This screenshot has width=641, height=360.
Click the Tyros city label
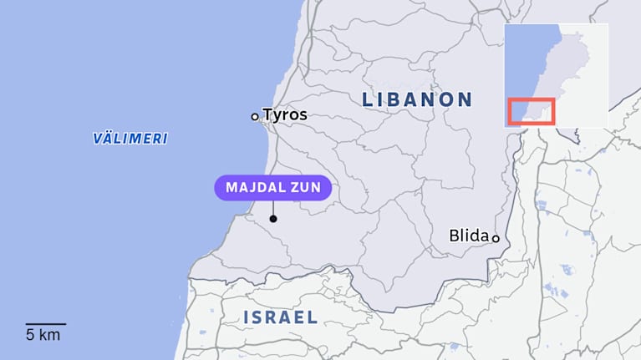point(285,115)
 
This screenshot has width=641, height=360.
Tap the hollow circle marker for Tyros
point(255,117)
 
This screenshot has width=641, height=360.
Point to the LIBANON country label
point(417,99)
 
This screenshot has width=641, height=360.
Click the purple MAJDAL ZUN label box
point(272,187)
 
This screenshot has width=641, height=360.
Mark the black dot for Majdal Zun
point(272,220)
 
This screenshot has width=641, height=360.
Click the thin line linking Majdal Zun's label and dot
point(272,207)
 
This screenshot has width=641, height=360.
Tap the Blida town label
point(468,236)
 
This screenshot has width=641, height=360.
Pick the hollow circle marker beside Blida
point(495,238)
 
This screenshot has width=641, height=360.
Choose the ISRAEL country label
point(280,317)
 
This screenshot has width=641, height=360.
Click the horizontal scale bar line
point(45,323)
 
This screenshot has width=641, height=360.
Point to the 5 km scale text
point(43,335)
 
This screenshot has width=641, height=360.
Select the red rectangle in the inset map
point(532,112)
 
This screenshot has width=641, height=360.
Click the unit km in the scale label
point(48,335)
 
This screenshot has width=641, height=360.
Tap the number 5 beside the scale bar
point(30,335)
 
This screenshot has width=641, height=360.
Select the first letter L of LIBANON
point(367,99)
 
